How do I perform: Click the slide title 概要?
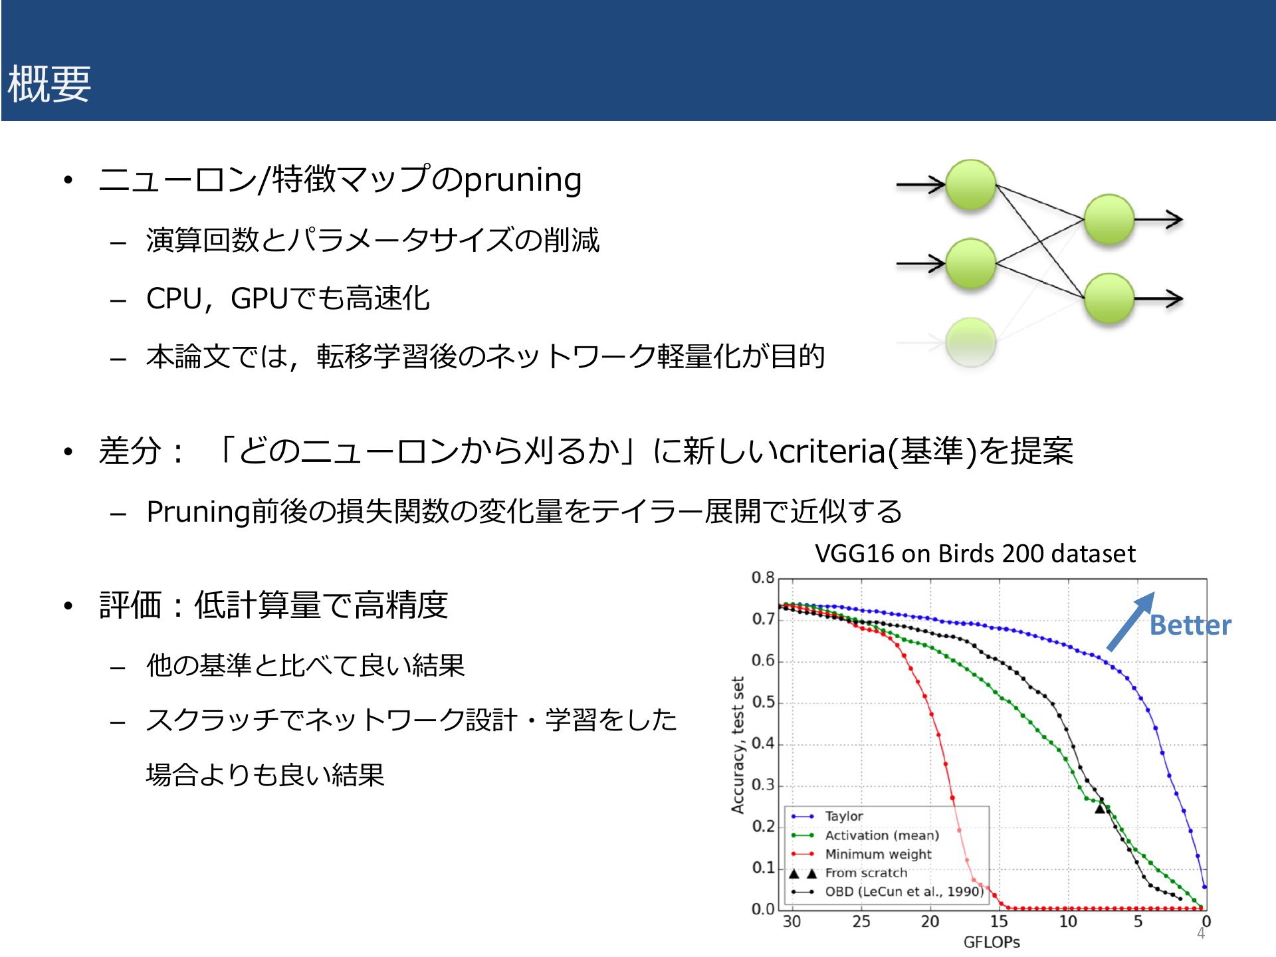49,84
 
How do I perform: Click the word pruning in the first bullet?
522,180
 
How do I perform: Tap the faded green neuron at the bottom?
970,342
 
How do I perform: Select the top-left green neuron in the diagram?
970,185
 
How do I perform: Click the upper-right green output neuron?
1109,219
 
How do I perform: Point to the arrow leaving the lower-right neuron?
1158,299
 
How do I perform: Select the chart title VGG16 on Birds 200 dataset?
975,554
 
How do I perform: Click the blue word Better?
1190,625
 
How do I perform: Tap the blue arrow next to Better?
1130,621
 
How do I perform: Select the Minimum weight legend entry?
861,854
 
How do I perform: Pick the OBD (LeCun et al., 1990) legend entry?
887,891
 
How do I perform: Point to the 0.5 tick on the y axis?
763,702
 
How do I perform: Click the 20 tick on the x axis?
930,921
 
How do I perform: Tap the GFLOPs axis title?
992,942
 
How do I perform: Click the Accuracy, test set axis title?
738,745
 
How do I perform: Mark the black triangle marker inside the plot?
1100,808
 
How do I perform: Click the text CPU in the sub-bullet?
173,299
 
